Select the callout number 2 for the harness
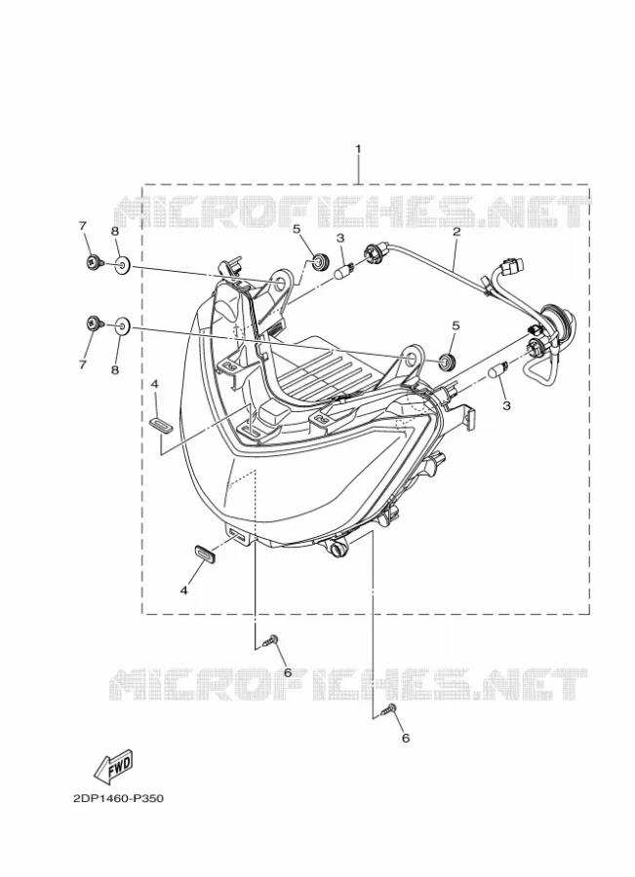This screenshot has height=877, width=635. point(456,231)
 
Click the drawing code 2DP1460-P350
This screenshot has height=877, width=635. point(118,798)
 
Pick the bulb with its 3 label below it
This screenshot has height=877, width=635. point(497,371)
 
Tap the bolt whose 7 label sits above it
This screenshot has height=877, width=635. point(94,260)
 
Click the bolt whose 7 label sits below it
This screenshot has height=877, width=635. point(94,323)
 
